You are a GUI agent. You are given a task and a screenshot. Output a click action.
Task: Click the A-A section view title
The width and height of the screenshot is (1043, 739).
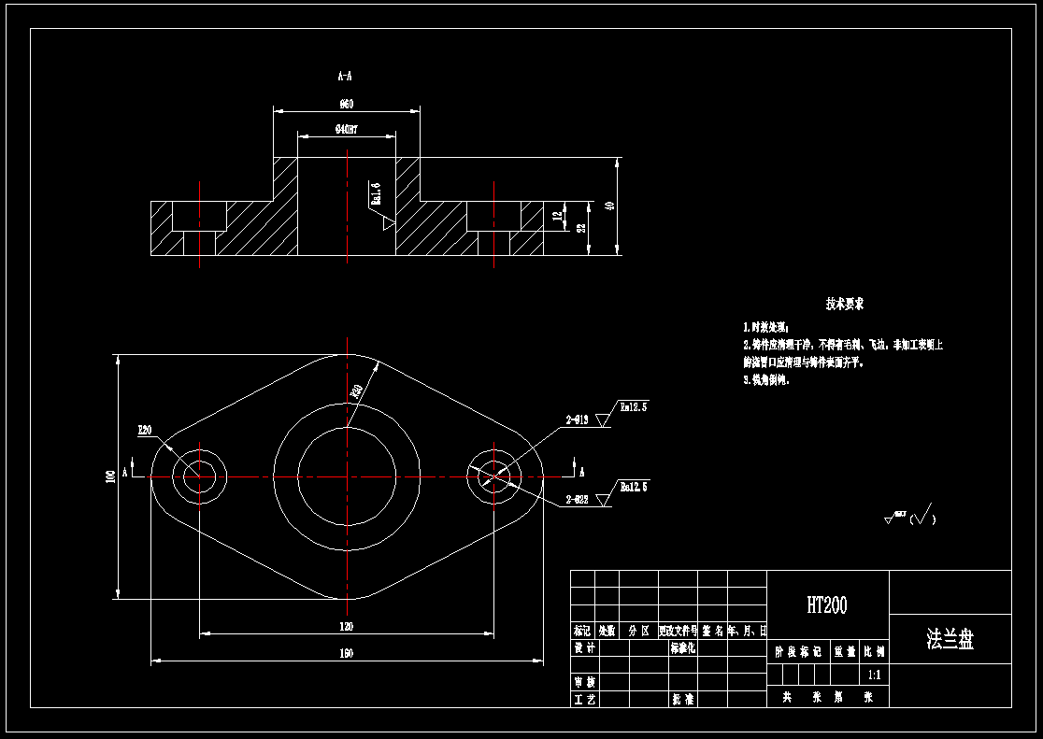pyautogui.click(x=345, y=74)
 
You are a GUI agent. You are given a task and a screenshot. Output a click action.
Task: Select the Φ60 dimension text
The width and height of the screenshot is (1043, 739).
pyautogui.click(x=345, y=103)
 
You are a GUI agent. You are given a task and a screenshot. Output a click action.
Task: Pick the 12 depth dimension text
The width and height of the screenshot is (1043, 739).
pyautogui.click(x=557, y=216)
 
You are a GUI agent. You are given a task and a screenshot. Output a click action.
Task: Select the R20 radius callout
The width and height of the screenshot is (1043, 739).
pyautogui.click(x=145, y=431)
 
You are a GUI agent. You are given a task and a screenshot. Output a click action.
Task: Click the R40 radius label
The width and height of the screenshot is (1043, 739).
pyautogui.click(x=356, y=391)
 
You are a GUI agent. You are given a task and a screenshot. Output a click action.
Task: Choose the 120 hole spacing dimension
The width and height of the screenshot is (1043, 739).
pyautogui.click(x=346, y=627)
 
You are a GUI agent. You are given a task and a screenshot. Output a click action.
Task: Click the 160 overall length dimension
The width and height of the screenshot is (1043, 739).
pyautogui.click(x=346, y=654)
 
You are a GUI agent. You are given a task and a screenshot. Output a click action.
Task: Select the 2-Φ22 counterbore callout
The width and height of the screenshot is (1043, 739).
pyautogui.click(x=577, y=501)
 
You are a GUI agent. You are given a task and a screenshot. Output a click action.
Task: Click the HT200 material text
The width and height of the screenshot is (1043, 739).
pyautogui.click(x=827, y=605)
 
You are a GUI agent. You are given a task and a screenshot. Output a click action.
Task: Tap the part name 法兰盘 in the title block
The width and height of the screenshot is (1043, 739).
pyautogui.click(x=950, y=640)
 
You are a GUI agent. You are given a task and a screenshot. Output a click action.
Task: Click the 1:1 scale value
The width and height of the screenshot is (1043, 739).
pyautogui.click(x=874, y=674)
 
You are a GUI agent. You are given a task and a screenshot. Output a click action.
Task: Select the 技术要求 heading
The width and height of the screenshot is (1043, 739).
pyautogui.click(x=844, y=305)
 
